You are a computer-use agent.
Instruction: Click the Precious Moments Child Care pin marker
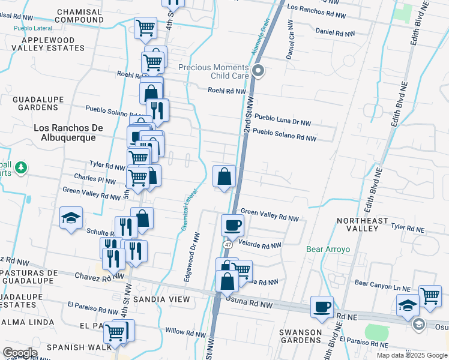(x=259, y=71)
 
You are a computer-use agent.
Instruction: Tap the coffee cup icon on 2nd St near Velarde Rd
(x=232, y=226)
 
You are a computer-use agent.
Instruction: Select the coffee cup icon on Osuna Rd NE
(x=322, y=307)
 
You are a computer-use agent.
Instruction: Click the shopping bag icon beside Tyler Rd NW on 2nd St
(x=224, y=176)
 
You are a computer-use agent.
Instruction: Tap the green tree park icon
(x=21, y=167)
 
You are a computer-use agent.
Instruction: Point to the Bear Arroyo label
(x=324, y=249)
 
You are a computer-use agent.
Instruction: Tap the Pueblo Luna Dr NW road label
(x=282, y=119)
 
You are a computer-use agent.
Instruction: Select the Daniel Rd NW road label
(x=333, y=31)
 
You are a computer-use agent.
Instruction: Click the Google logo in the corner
(x=20, y=352)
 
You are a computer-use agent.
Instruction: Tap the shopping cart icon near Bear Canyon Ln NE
(x=430, y=295)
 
